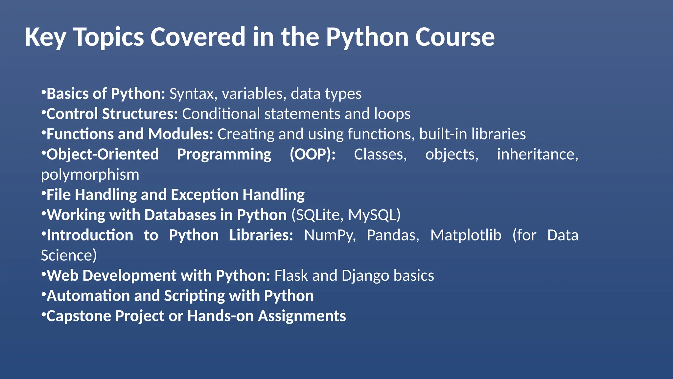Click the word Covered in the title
pos(198,37)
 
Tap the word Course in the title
pos(455,37)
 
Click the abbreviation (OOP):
pos(313,154)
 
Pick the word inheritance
pos(537,154)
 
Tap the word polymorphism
pos(90,175)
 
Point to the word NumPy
pos(330,235)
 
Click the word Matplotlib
pos(466,235)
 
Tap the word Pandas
pos(393,235)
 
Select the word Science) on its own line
pos(69,256)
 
